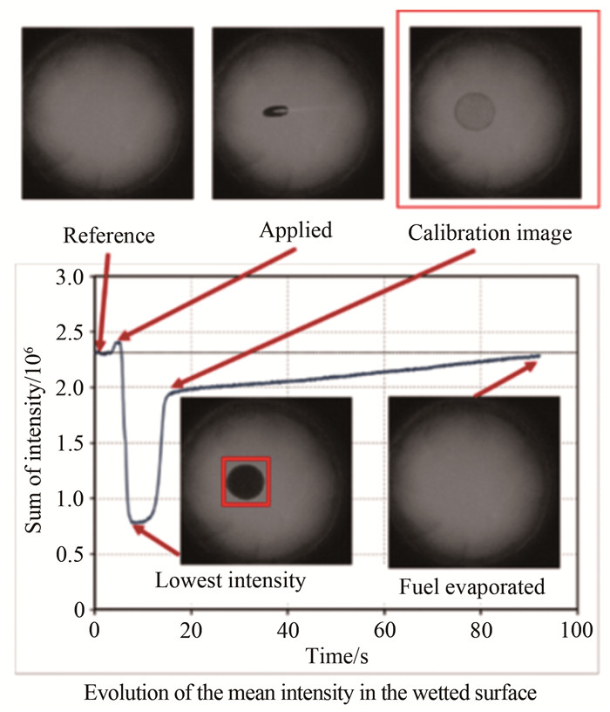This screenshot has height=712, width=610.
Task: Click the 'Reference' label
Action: (109, 236)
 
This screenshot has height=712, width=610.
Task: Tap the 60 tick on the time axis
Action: (383, 628)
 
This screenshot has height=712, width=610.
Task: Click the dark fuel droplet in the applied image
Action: (277, 111)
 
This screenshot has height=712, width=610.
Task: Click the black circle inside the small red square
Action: (246, 481)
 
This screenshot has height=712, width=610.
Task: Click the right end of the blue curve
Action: (539, 356)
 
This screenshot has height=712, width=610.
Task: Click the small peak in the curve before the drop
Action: (118, 344)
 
